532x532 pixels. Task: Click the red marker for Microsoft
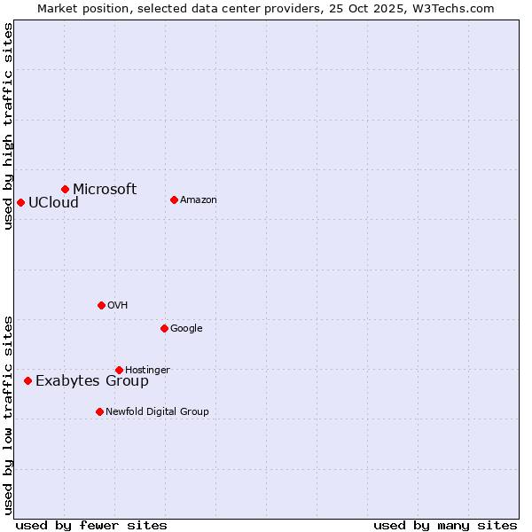point(65,189)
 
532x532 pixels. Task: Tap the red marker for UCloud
point(20,202)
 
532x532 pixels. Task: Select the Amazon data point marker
point(174,199)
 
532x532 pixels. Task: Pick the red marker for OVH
point(101,305)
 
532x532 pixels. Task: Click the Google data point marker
point(164,328)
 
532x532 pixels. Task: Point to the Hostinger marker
point(119,370)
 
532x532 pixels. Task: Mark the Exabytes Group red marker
point(27,380)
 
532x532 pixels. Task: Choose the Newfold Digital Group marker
point(99,411)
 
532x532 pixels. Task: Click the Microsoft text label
point(105,189)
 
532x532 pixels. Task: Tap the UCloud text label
point(53,202)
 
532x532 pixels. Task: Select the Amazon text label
point(199,199)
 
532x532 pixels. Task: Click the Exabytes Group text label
point(92,381)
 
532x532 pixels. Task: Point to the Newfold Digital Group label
point(157,411)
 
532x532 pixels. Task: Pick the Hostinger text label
point(147,370)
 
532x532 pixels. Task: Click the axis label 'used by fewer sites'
point(91,525)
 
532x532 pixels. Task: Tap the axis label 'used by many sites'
point(445,525)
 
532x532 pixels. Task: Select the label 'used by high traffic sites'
point(8,125)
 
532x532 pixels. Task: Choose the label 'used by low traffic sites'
point(8,414)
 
